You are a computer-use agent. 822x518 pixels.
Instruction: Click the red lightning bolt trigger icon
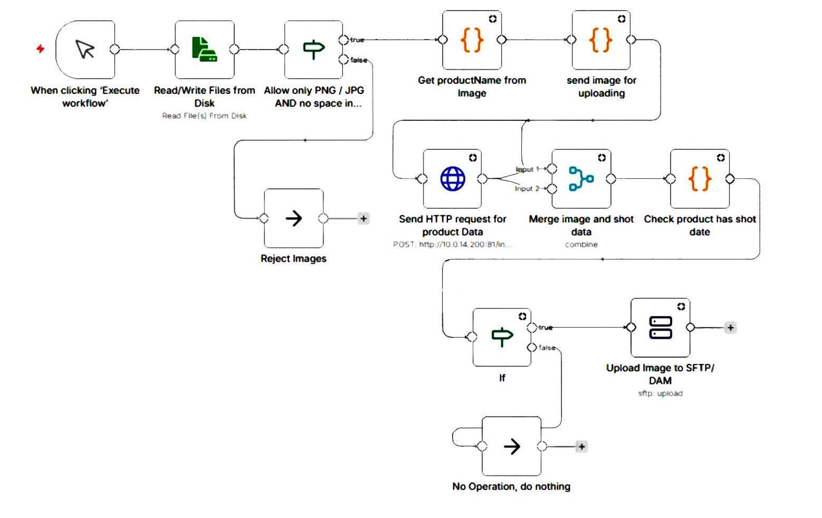pos(40,49)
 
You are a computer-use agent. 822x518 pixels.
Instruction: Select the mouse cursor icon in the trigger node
pos(85,49)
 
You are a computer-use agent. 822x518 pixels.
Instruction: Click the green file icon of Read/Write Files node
pos(204,49)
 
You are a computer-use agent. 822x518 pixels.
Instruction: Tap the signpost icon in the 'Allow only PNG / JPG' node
pos(313,49)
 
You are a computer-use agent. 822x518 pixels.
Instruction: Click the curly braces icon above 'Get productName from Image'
pos(472,40)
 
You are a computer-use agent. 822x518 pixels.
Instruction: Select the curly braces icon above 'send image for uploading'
pos(601,40)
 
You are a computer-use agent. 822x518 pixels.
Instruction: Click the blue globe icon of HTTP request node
pos(453,179)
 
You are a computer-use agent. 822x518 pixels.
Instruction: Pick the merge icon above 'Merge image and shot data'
pos(581,179)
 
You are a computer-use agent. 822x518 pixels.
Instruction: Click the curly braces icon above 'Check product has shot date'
pos(700,179)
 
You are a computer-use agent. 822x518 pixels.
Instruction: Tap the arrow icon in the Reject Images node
pos(293,218)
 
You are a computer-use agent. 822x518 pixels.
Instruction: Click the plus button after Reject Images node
pos(364,218)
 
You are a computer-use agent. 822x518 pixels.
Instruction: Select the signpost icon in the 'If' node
pos(502,337)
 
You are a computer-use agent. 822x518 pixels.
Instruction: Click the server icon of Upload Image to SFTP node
pos(660,328)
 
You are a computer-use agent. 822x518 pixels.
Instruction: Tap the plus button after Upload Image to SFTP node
pos(730,328)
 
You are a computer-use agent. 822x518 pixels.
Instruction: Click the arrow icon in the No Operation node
pos(511,447)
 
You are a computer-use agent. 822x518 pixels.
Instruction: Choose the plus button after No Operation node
pos(581,447)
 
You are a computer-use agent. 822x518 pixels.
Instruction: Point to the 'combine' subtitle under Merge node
pos(581,245)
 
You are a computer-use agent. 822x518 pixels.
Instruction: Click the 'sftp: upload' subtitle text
pos(660,394)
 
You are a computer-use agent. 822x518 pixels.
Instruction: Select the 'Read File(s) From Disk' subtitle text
pos(204,116)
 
